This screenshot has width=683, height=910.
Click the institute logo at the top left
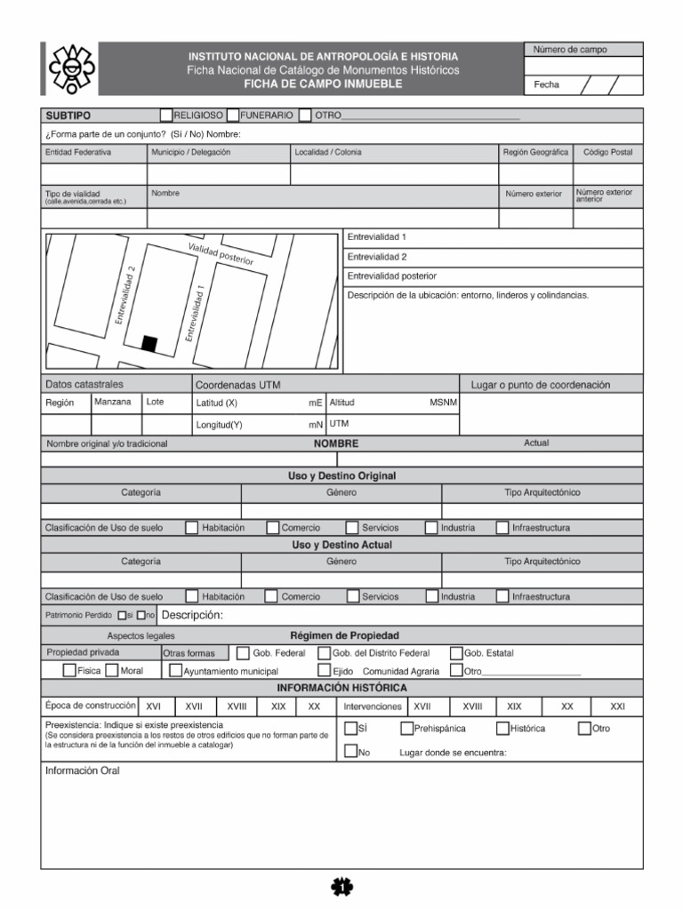coord(71,68)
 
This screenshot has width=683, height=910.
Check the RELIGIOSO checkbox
coord(166,115)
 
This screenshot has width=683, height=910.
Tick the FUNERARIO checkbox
coord(232,115)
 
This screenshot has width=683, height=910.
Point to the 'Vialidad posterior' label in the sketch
coord(221,254)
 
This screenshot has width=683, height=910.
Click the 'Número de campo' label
coord(570,50)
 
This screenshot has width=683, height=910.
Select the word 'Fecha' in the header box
coord(547,85)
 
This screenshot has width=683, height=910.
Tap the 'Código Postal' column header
coord(607,152)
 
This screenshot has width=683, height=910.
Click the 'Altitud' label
coord(342,403)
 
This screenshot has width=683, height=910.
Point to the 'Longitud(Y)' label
coord(219,425)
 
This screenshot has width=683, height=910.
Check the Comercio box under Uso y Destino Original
coord(271,528)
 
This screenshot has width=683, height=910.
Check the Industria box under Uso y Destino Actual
coord(432,596)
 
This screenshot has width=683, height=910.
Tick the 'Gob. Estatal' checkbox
coord(456,653)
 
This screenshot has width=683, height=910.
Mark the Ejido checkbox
coord(325,671)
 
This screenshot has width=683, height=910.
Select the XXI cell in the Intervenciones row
coord(618,706)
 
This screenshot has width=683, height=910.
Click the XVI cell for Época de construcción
coord(153,706)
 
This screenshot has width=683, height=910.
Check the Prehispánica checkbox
coord(406,729)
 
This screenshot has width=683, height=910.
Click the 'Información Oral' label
coord(82,770)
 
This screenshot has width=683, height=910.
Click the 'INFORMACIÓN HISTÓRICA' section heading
coord(341,688)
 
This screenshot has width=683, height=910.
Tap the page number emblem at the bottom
coord(341,885)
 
